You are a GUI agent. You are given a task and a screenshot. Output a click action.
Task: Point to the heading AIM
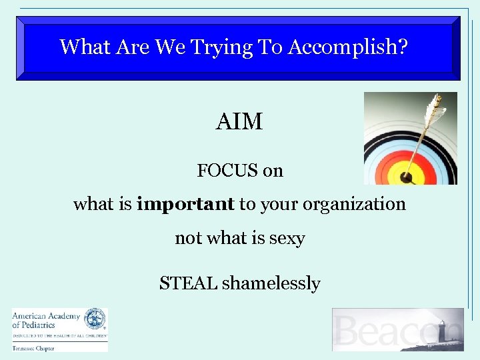[239, 122]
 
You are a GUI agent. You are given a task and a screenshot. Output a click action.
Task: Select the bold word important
[185, 204]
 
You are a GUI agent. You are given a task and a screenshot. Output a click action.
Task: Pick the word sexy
[287, 238]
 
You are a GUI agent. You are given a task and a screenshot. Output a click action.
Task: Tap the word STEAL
[188, 283]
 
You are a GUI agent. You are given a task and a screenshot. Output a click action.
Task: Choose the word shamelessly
[271, 283]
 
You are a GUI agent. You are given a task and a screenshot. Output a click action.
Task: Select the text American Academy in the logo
[45, 316]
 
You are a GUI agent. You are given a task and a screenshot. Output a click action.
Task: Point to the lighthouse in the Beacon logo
[441, 331]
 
